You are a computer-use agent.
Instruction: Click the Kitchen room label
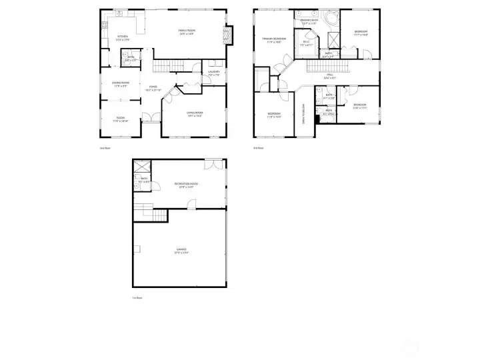click(123, 37)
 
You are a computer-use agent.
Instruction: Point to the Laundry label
click(214, 72)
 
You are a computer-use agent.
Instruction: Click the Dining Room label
click(120, 84)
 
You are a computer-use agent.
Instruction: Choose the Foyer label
click(153, 87)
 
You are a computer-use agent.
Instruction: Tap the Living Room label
click(195, 114)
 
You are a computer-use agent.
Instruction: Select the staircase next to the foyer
click(169, 65)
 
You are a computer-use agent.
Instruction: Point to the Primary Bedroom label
click(274, 40)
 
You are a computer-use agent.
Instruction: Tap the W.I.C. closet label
click(307, 43)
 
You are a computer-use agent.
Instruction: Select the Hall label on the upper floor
click(329, 75)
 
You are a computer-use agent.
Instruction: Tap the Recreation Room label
click(186, 185)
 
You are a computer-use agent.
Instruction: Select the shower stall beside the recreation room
click(142, 167)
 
